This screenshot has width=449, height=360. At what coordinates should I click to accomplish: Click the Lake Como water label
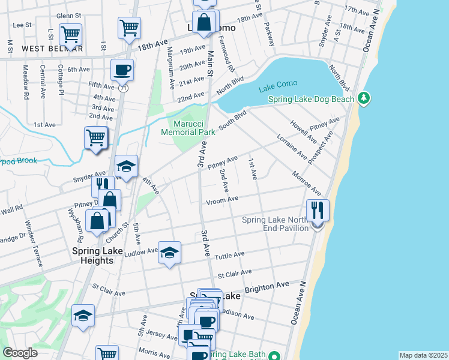(x=279, y=89)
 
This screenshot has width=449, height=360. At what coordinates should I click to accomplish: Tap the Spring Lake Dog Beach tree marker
(x=363, y=97)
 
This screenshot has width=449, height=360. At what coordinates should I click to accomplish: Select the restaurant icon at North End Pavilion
(x=318, y=211)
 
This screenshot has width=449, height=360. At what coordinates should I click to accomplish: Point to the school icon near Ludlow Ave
(x=169, y=253)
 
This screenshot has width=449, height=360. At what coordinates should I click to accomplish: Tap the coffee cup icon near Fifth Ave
(x=122, y=70)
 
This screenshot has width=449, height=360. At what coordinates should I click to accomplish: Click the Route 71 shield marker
(x=122, y=88)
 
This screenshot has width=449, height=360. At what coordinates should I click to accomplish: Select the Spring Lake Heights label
(x=93, y=256)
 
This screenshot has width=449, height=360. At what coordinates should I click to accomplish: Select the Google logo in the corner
(x=20, y=353)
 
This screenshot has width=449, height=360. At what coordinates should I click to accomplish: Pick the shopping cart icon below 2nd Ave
(x=95, y=138)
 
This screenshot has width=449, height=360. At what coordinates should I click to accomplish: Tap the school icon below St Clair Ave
(x=83, y=316)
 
